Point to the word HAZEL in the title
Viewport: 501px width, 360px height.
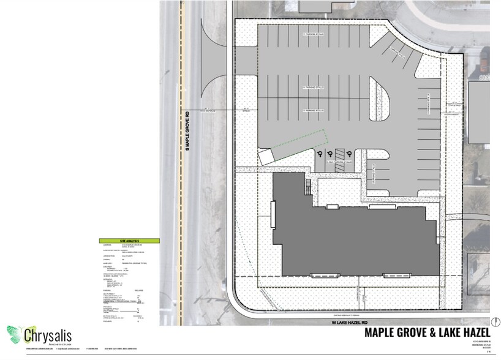(470, 333)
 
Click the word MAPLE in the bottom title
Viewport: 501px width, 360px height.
(382, 333)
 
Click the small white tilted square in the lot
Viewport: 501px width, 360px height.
(265, 157)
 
